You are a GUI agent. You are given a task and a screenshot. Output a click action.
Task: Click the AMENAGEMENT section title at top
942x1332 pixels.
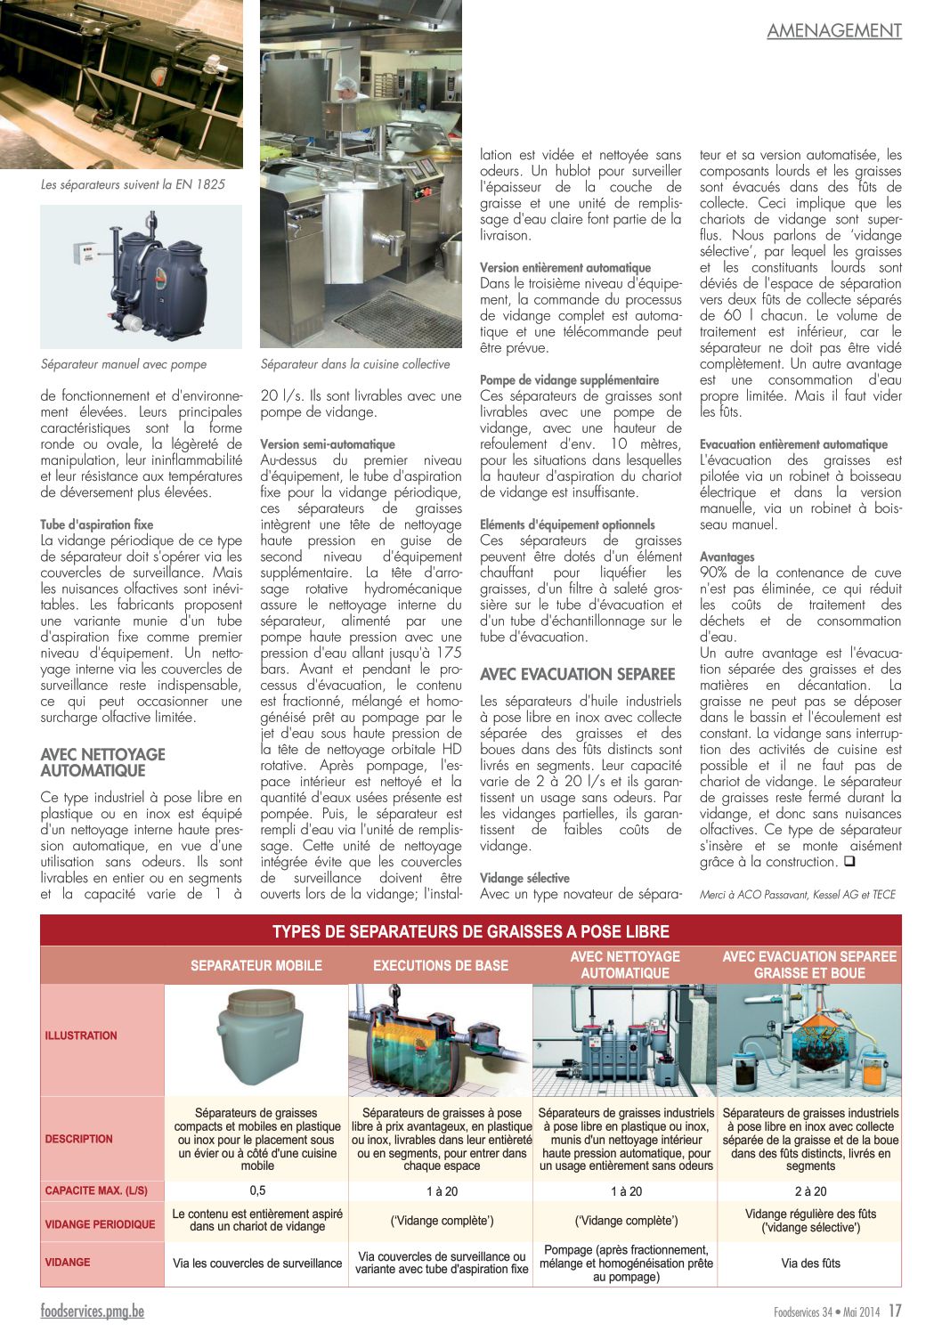coord(834,30)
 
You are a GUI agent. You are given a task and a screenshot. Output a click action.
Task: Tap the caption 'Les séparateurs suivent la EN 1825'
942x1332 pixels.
coord(133,184)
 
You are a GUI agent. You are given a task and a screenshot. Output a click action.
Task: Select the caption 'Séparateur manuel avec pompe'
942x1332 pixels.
coord(124,364)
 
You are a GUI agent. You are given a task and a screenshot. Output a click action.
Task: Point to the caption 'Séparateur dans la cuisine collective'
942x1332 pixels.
coord(355,364)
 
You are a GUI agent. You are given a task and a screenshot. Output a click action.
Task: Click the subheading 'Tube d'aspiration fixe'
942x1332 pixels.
coord(97,524)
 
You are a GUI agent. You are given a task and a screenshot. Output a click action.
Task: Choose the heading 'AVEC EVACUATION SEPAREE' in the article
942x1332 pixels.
coord(578,674)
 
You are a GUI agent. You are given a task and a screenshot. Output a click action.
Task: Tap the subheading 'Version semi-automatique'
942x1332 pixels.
coord(328,444)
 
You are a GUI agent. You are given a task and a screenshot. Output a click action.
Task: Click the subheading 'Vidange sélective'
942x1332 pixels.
coord(524,878)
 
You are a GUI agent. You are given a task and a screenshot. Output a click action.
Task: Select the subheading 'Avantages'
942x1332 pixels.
coord(727,556)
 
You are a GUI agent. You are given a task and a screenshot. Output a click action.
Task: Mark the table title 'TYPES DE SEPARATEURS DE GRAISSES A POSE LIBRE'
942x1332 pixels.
coord(471,931)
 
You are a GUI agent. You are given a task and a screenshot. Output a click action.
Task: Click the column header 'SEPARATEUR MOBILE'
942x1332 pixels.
coord(256,965)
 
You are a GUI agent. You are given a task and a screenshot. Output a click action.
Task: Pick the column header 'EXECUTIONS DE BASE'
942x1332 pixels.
coord(441,965)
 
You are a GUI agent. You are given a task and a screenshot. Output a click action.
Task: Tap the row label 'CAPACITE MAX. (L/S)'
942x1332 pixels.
coord(96,1190)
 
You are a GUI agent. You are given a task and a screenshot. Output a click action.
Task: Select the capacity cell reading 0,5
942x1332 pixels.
coord(257,1190)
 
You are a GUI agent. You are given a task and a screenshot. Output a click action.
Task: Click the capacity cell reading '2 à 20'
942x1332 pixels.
coord(810,1191)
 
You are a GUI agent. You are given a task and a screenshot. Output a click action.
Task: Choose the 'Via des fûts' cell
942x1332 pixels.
coord(810,1263)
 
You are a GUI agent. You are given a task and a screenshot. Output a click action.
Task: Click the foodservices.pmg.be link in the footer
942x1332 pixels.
coord(92,1311)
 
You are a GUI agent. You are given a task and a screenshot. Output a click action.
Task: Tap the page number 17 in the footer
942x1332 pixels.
coord(895,1311)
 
